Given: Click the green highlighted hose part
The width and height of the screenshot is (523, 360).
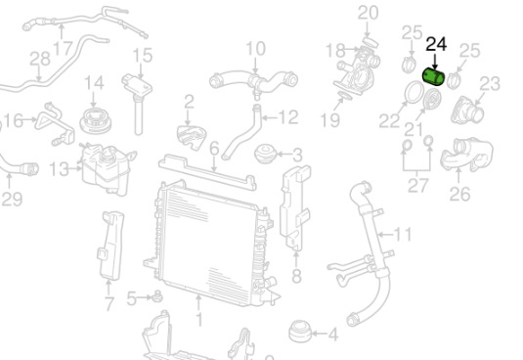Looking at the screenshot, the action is [x=433, y=76].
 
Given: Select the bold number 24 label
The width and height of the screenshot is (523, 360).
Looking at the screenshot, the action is [x=436, y=44].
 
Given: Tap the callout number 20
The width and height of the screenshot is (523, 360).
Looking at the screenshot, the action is [x=368, y=13].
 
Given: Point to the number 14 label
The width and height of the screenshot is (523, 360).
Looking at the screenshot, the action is [x=94, y=83].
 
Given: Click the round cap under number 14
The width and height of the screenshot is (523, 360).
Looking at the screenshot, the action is [x=95, y=120].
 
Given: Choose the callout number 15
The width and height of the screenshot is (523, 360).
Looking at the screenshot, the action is [x=143, y=56].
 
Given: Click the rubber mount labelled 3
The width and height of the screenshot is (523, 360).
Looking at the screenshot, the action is [x=266, y=154].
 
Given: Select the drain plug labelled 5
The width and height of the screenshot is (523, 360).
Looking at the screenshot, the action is [x=157, y=296].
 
